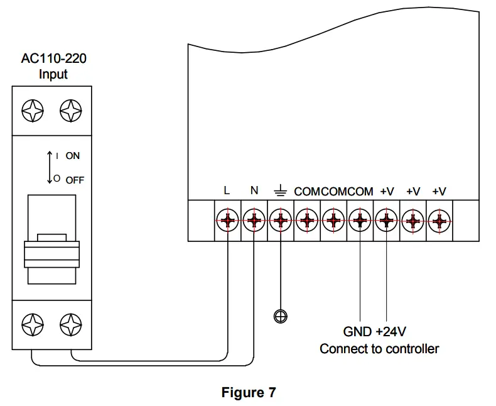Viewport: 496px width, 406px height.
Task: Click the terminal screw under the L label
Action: point(227,221)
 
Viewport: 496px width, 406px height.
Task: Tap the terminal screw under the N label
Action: point(254,221)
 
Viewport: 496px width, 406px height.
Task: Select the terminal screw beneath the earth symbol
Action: point(280,221)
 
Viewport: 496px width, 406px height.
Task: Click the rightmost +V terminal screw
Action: point(440,221)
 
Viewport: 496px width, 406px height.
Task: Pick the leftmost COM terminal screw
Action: point(306,221)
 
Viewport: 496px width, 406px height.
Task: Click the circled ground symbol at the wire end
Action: point(281,315)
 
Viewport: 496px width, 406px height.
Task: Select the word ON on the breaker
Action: point(73,156)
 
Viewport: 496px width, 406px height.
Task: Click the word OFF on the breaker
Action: point(75,180)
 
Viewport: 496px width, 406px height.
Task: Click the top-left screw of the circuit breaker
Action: point(31,111)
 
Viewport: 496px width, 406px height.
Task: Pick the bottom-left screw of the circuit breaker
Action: point(31,324)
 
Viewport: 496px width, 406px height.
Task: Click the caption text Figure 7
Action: point(248,393)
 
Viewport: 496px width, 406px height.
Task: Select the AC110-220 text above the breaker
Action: point(53,60)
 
